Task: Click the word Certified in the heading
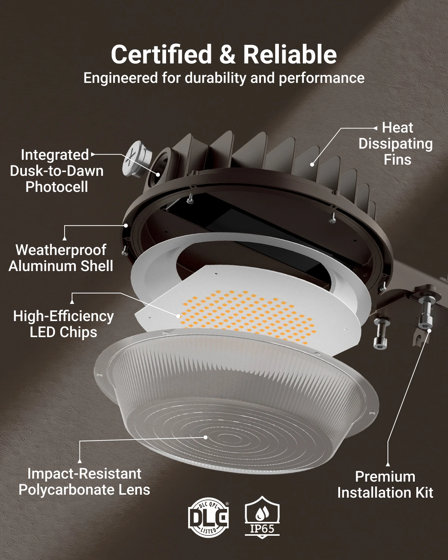(161, 54)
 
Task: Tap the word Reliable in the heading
(290, 54)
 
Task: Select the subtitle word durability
(215, 78)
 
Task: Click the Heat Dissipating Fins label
(396, 144)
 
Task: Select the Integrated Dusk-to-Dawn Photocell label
(57, 171)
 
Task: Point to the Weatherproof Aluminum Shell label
(61, 258)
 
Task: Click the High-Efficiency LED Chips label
(63, 324)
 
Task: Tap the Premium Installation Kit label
(385, 485)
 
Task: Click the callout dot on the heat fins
(312, 165)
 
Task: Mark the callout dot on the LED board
(178, 317)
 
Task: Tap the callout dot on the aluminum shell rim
(126, 225)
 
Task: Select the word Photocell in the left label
(57, 187)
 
